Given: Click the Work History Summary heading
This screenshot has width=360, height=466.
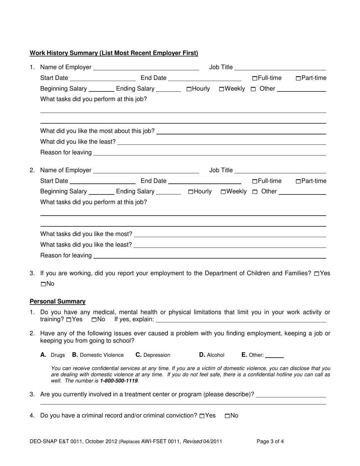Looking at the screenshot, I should click(114, 53).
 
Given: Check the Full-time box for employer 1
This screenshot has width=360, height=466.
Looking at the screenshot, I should click(255, 78).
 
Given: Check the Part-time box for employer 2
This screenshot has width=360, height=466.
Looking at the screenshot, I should click(298, 181).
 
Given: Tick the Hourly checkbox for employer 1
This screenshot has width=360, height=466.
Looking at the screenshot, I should click(189, 89).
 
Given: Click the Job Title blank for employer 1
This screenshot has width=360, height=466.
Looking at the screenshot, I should click(280, 67).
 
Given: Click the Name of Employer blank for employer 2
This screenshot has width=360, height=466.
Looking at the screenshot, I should click(146, 170).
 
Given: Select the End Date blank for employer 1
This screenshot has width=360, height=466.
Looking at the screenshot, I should click(205, 78).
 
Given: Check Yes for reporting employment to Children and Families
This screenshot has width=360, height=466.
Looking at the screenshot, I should click(317, 274).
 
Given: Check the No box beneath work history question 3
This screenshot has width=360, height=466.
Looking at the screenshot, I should click(43, 284).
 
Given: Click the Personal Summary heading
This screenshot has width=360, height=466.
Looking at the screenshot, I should click(58, 302).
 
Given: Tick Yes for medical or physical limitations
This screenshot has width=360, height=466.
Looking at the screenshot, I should click(69, 320).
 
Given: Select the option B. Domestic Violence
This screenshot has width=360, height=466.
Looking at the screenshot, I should click(98, 355).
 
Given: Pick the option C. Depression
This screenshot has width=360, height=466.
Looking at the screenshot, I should click(153, 355).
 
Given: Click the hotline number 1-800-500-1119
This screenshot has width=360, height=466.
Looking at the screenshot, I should click(119, 380).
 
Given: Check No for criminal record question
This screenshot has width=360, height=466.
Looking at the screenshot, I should click(227, 416).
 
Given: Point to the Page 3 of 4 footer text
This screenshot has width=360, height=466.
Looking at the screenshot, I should click(270, 441).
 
